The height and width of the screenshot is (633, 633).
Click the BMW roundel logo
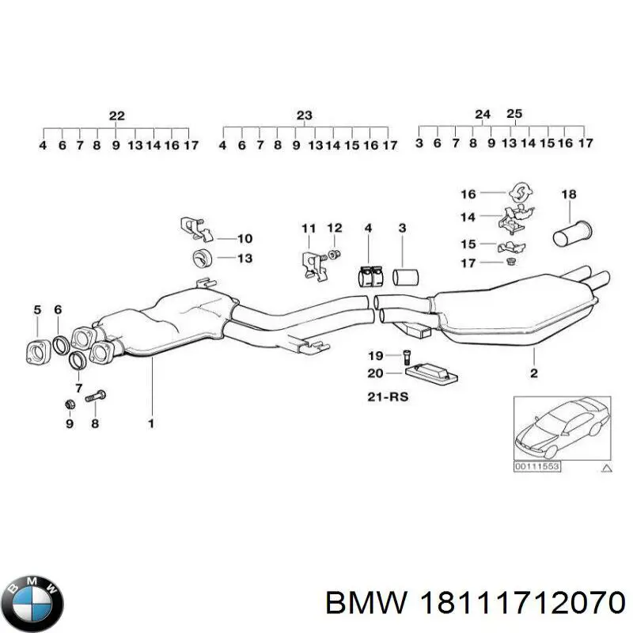click(x=32, y=599)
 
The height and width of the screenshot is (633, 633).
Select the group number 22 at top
click(x=116, y=116)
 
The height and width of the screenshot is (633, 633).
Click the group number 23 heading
click(x=305, y=116)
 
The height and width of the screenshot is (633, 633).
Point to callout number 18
click(x=568, y=194)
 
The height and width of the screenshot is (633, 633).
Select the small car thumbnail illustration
click(x=562, y=428)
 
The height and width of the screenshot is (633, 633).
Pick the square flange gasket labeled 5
click(x=37, y=350)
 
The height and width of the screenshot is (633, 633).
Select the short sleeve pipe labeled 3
click(x=407, y=277)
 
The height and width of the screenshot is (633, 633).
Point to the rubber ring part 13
click(x=203, y=257)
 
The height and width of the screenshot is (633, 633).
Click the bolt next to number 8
click(x=96, y=396)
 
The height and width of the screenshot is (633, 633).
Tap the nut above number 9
click(x=70, y=405)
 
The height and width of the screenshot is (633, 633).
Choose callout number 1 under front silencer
click(x=150, y=423)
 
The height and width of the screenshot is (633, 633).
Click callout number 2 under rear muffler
click(x=533, y=373)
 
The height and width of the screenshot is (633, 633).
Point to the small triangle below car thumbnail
click(x=607, y=468)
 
